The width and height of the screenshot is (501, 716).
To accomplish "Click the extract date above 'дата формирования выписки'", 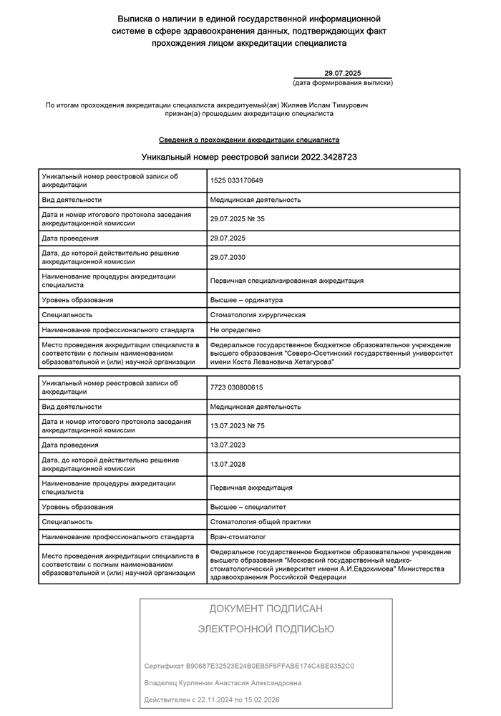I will pyautogui.click(x=343, y=73).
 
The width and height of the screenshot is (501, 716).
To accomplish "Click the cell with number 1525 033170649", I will pyautogui.click(x=237, y=180).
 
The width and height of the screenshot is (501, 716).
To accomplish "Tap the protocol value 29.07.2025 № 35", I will pyautogui.click(x=238, y=218).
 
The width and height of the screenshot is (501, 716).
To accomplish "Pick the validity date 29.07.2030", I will pyautogui.click(x=228, y=257).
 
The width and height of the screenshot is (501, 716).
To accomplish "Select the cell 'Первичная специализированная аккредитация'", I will pyautogui.click(x=286, y=281).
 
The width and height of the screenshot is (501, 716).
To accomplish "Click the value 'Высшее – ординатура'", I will pyautogui.click(x=246, y=300).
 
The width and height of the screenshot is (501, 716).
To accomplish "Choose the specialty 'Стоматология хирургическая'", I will pyautogui.click(x=258, y=315).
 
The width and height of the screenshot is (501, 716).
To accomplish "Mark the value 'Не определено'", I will pyautogui.click(x=235, y=330).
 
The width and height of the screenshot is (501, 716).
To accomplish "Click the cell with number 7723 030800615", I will pyautogui.click(x=237, y=387).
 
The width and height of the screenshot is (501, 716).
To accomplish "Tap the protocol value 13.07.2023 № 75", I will pyautogui.click(x=238, y=426).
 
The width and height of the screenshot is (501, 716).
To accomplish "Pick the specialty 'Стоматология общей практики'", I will pyautogui.click(x=261, y=522).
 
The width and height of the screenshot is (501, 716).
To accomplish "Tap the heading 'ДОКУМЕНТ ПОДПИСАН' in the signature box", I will pyautogui.click(x=266, y=609).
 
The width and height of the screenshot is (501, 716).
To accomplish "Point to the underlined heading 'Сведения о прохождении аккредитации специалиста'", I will pyautogui.click(x=249, y=140).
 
